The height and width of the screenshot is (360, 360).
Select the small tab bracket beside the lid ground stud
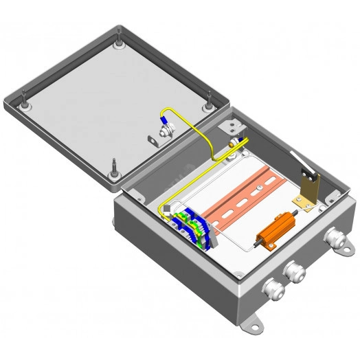[x=153, y=140]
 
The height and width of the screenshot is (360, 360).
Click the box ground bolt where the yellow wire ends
[x=236, y=143]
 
